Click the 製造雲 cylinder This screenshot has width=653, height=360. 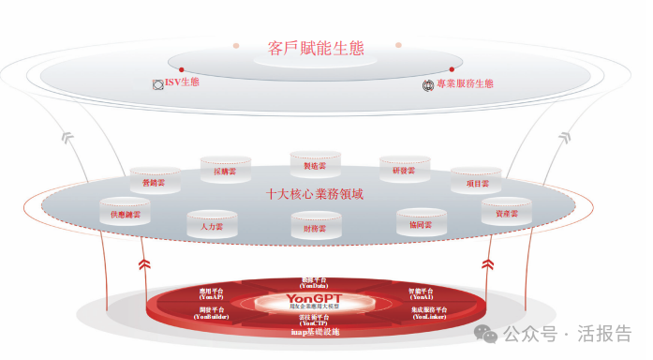pyautogui.click(x=315, y=164)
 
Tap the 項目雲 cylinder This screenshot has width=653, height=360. pyautogui.click(x=476, y=182)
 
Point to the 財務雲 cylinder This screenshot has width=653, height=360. pyautogui.click(x=315, y=227)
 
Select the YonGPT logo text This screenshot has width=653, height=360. pyautogui.click(x=315, y=299)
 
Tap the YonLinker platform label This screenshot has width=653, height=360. pyautogui.click(x=428, y=313)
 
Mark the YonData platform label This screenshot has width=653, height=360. pyautogui.click(x=314, y=281)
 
